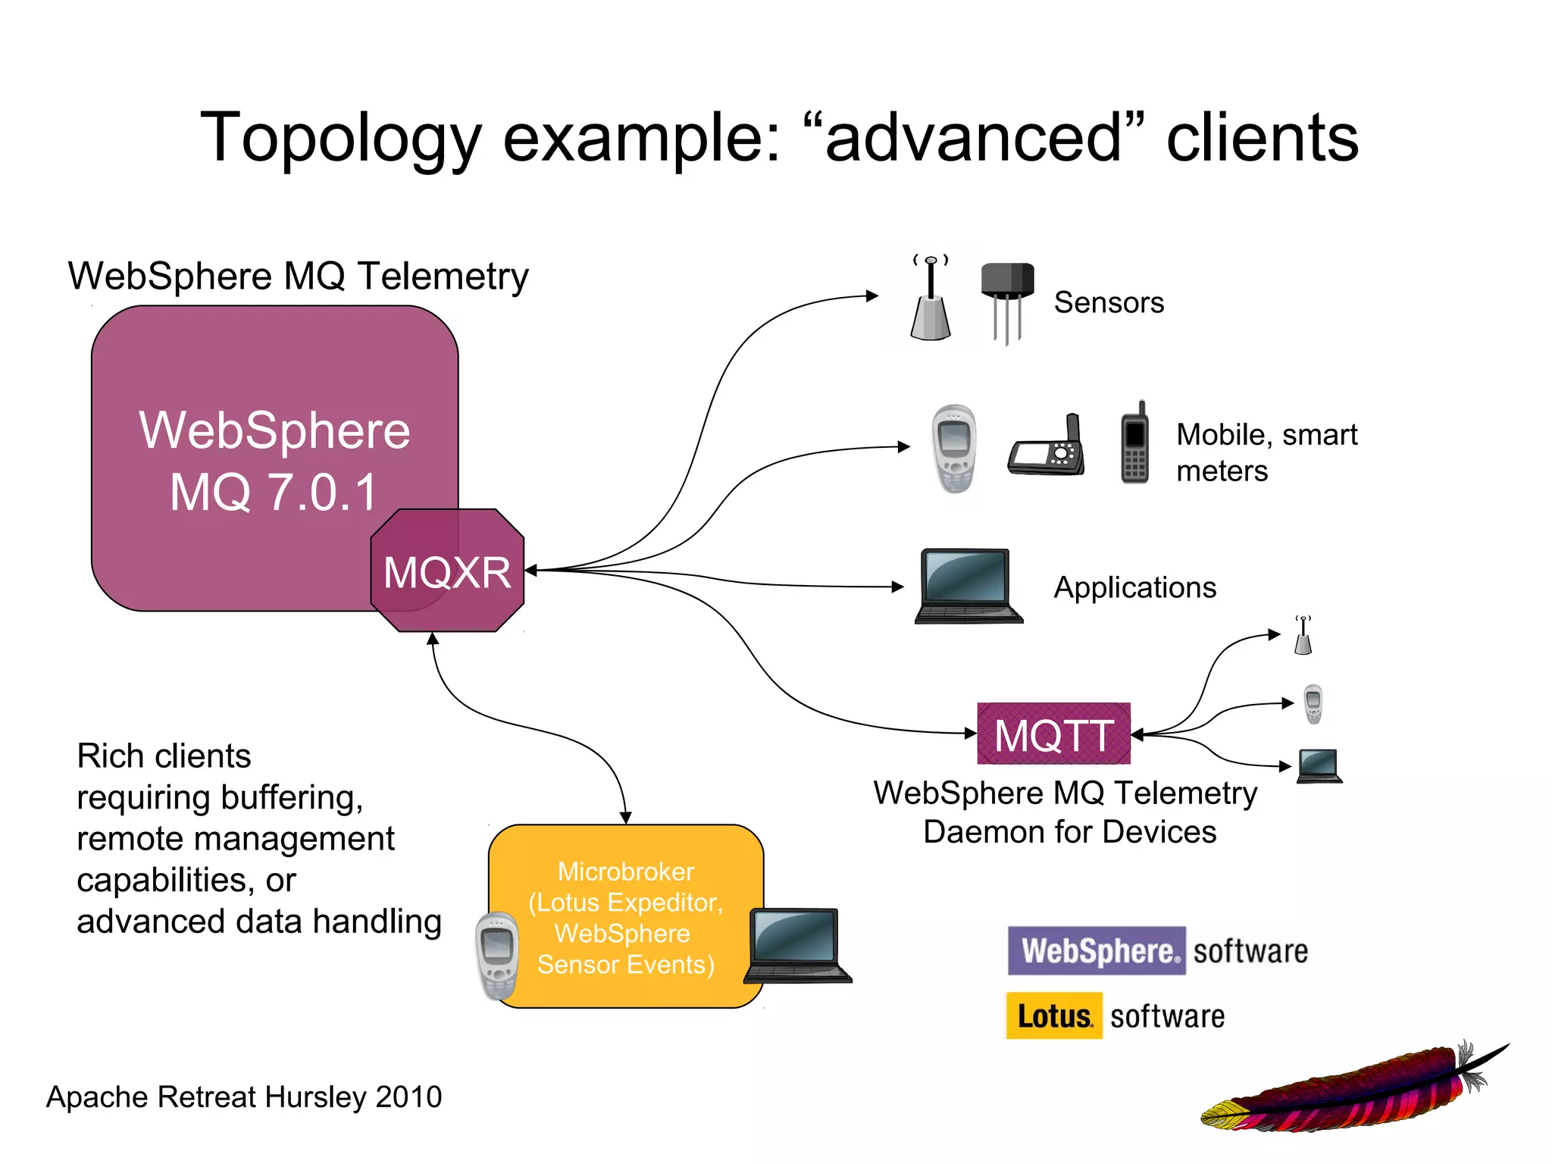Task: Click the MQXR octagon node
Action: click(x=447, y=571)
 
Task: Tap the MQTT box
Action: click(x=1053, y=734)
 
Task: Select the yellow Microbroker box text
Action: click(x=626, y=917)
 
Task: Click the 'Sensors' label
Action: click(x=1109, y=302)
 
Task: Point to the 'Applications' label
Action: click(x=1134, y=587)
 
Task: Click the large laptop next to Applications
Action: click(x=968, y=586)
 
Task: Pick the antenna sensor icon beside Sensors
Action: click(x=931, y=300)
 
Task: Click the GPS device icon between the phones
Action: click(x=1047, y=448)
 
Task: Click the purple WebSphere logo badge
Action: click(x=1097, y=950)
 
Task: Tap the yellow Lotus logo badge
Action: click(x=1054, y=1015)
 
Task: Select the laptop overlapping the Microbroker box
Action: click(x=797, y=946)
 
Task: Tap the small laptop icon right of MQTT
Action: click(x=1319, y=765)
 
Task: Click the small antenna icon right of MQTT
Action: click(x=1303, y=636)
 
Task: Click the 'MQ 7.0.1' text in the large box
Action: click(x=274, y=493)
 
